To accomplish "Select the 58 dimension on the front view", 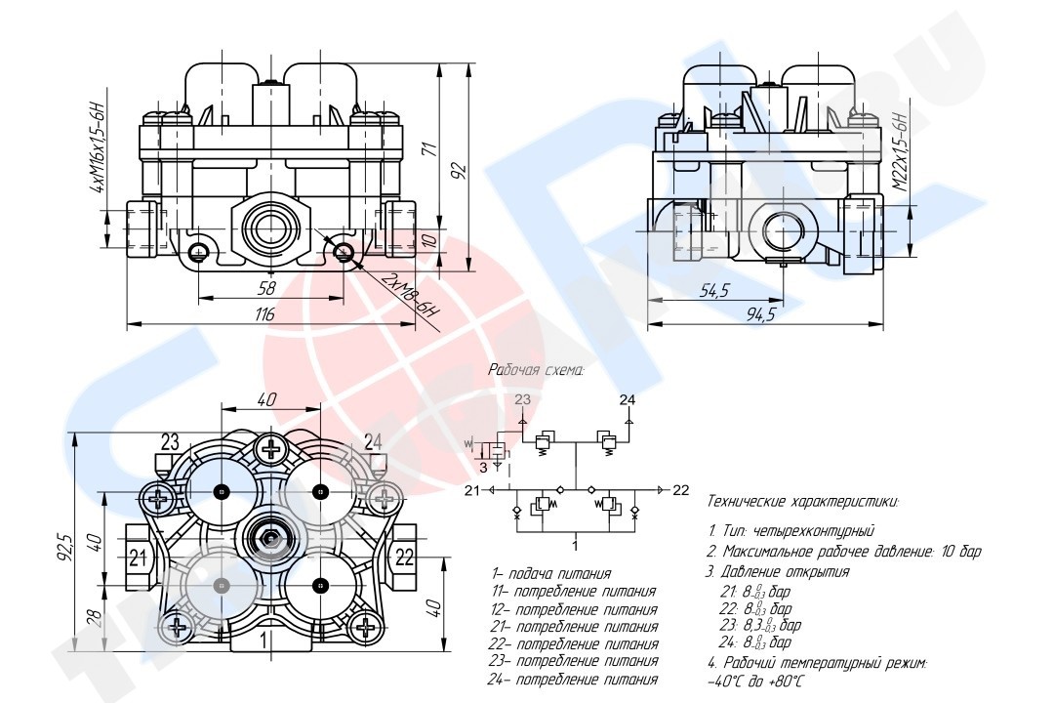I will tap(265, 289).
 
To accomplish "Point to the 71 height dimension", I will tap(426, 149).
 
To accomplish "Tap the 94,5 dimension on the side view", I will tap(760, 313).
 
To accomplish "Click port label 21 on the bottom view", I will tap(139, 558).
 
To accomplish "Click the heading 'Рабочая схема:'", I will tap(536, 371).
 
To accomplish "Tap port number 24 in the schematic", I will tap(627, 399).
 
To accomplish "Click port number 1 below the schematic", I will tap(576, 545).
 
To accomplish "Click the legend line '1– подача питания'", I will tap(551, 574).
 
